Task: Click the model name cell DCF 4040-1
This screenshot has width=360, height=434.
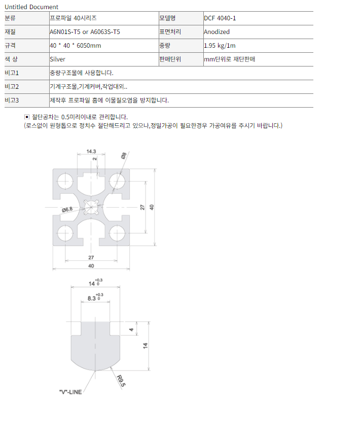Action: click(220, 18)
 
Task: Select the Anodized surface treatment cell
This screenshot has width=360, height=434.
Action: click(217, 32)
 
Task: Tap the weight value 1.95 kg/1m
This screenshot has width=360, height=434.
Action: click(220, 46)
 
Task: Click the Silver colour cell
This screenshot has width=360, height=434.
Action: click(57, 59)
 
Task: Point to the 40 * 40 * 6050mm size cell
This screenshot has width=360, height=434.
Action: click(76, 46)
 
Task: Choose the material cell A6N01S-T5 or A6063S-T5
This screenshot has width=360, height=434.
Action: click(85, 32)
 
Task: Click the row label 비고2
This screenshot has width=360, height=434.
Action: click(12, 87)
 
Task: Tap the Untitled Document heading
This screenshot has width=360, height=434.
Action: click(31, 7)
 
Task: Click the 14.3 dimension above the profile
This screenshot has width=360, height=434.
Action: click(91, 151)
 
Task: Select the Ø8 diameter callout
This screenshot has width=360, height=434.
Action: click(124, 155)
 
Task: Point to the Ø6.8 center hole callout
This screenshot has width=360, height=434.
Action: click(67, 210)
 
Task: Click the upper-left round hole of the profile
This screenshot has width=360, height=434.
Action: click(65, 181)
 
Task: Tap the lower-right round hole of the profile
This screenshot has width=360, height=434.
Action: click(117, 233)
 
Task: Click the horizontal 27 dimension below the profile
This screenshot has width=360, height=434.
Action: click(91, 258)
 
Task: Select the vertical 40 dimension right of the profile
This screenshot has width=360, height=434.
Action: click(152, 207)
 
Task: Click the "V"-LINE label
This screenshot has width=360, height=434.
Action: click(70, 392)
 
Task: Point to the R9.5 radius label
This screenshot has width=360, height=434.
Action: click(121, 381)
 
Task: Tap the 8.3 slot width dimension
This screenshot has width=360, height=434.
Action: click(95, 297)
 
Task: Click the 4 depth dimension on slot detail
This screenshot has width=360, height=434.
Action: click(131, 329)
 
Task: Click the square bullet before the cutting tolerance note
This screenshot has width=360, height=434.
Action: click(26, 117)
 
